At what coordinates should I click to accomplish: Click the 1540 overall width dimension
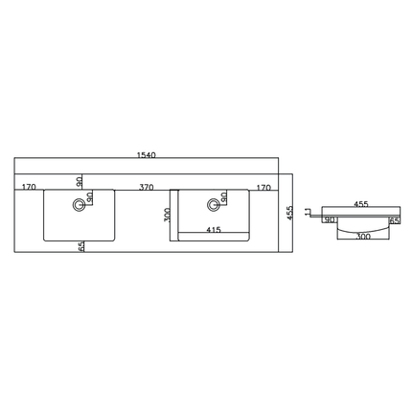coord(147,155)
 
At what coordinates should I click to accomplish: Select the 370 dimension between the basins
coord(147,187)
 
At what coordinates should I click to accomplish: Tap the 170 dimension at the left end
coord(29,187)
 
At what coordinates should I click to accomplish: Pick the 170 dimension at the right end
coord(263,188)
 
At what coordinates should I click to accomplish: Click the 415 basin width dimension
coord(214,230)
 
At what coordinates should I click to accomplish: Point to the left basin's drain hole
coord(79,204)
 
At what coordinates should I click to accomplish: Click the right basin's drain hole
coord(213,204)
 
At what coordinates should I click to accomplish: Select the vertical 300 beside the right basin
coord(167,215)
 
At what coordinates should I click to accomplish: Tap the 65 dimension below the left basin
coord(80,246)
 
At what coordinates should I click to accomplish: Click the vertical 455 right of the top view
coord(289,213)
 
